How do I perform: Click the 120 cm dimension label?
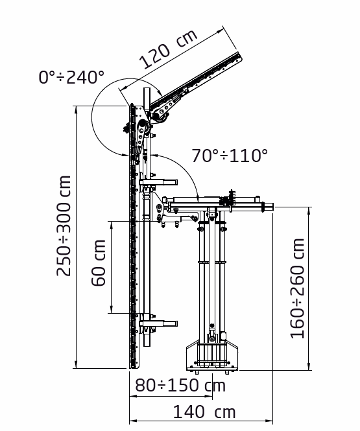point(168,51)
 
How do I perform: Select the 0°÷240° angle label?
point(71,77)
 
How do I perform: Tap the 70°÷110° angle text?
point(230,156)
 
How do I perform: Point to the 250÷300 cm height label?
point(64,226)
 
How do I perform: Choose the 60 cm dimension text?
point(98,264)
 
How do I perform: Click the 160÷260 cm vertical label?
point(298,288)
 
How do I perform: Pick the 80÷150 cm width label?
point(180,386)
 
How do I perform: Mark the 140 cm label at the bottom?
point(204,412)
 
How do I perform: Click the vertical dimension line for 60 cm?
point(112,266)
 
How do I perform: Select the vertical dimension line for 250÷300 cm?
point(77,237)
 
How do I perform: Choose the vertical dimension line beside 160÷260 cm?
point(309,288)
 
